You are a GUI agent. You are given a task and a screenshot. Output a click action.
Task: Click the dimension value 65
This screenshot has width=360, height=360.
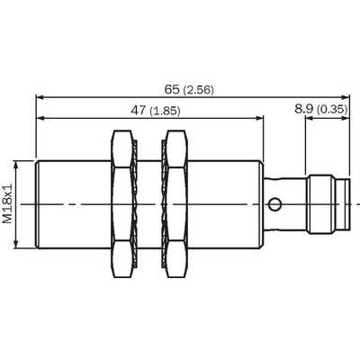172,89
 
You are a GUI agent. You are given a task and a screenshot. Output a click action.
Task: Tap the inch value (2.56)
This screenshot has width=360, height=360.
198,90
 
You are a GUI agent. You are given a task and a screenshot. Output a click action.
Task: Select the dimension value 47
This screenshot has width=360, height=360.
138,111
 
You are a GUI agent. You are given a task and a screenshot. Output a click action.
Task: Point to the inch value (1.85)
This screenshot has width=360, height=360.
165,111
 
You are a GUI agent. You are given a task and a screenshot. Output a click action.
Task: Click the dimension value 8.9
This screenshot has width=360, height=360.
304,109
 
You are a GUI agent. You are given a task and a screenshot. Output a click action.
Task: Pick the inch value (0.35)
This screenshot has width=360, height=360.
332,109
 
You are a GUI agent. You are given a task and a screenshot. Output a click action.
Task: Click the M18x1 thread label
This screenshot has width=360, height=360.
8,203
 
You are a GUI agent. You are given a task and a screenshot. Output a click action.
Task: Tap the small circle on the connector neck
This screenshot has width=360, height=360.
274,205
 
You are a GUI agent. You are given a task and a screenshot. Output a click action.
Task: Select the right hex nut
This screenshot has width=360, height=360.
177,204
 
